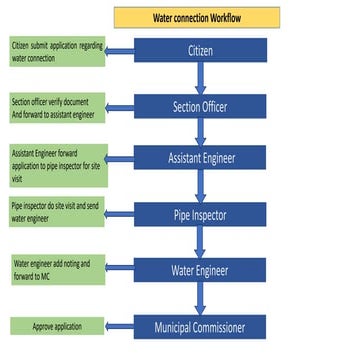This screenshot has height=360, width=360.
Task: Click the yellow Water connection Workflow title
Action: [197, 17]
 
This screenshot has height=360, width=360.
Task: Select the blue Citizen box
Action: [200, 51]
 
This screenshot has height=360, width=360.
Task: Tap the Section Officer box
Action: [200, 105]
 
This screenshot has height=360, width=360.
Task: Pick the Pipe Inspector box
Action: [200, 213]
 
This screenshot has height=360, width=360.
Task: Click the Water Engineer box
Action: [200, 270]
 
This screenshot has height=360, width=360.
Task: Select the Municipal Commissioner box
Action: [200, 327]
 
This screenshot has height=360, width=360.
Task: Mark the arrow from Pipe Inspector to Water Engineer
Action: [200, 242]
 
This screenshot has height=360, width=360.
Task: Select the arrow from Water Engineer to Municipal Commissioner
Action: [200, 299]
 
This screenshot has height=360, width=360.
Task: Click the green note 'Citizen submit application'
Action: [57, 51]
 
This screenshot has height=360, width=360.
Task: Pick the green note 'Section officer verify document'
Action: [57, 108]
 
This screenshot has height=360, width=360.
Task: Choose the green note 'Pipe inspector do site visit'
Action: [57, 214]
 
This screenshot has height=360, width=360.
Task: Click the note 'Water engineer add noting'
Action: [57, 270]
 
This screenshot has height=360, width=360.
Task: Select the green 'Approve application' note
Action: [57, 327]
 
